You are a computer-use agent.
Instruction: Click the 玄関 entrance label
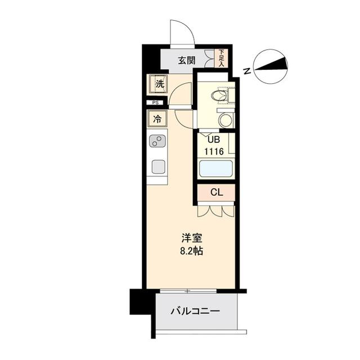[187, 60]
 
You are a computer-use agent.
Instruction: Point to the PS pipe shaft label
[156, 103]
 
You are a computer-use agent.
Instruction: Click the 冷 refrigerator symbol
[157, 119]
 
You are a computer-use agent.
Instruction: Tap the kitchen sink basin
[157, 166]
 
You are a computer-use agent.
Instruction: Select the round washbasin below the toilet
[225, 119]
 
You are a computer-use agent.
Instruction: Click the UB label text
[214, 140]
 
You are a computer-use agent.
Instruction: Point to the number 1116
[215, 151]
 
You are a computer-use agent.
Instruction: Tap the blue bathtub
[215, 169]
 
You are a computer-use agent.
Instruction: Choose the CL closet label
[216, 192]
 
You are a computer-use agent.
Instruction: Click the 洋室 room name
[191, 238]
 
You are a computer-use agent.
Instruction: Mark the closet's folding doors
[215, 210]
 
